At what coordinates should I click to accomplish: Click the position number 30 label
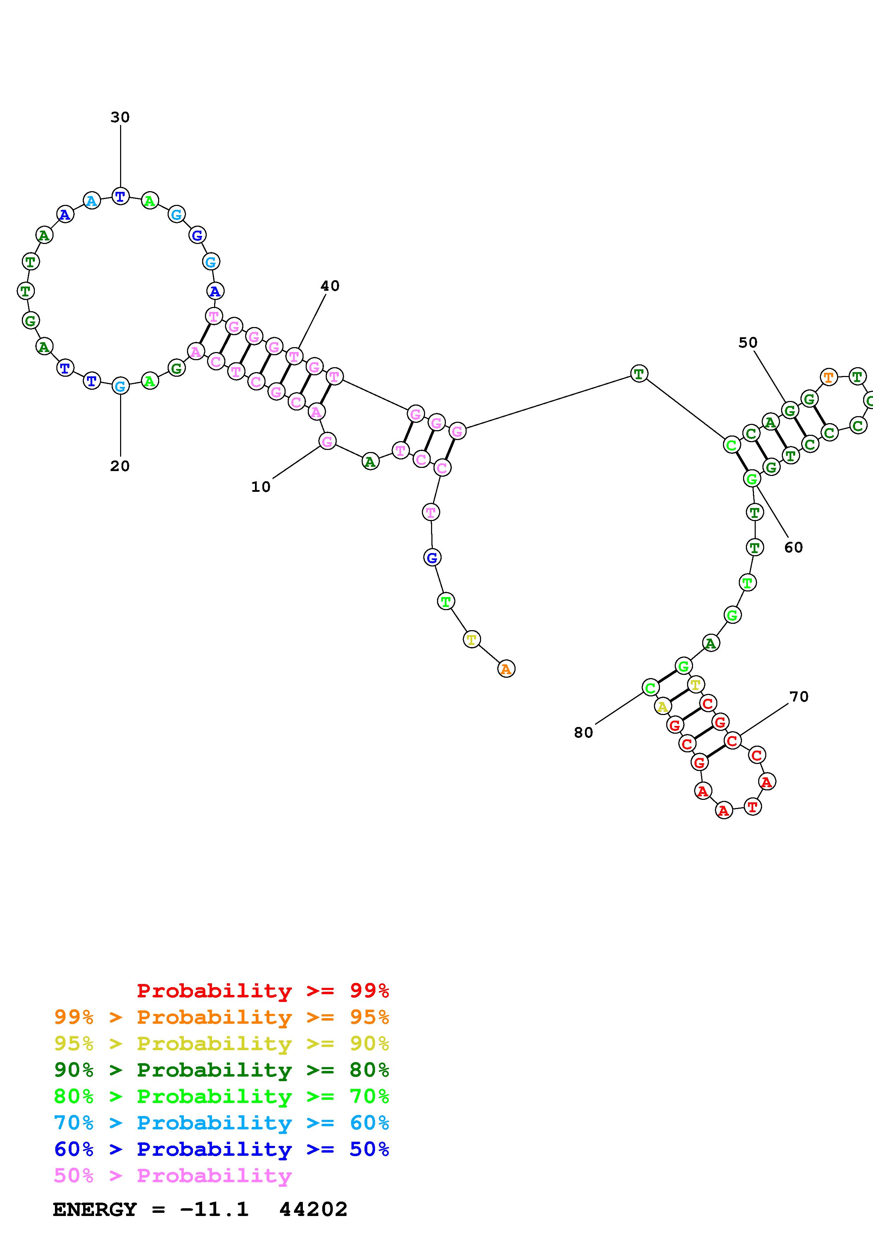coord(120,117)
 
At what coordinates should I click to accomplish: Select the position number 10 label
coord(261,487)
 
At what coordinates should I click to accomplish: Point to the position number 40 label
coord(330,286)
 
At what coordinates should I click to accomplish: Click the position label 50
coord(748,343)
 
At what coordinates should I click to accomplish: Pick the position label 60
coord(793,547)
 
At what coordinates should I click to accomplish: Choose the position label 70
coord(799,697)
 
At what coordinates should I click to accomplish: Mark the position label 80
coord(584,733)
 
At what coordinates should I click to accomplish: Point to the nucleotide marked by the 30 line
coord(120,196)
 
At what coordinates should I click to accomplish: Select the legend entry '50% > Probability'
coord(173,1176)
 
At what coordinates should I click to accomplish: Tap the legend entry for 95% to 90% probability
coord(221,1043)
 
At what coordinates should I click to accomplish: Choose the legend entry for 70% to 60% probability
coord(221,1123)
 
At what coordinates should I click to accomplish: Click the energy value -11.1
coord(214,1210)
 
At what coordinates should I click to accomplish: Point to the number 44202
coord(313,1210)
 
